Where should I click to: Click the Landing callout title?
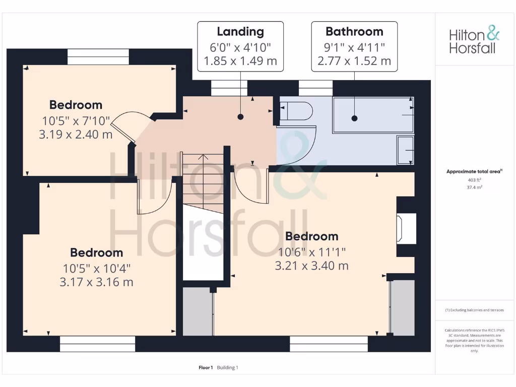click(x=240, y=32)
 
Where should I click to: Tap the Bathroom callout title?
click(x=354, y=32)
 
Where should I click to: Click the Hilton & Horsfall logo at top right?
click(x=474, y=41)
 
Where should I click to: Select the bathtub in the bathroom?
click(x=372, y=115)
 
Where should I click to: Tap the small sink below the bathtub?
click(x=405, y=150)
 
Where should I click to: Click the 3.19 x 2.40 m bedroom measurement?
click(x=76, y=135)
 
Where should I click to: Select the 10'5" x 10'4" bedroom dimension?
click(x=96, y=268)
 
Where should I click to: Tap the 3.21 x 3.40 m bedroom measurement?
click(x=311, y=266)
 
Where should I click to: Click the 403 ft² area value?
click(x=474, y=180)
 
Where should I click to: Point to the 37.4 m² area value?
click(x=474, y=187)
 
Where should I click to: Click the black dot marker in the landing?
click(x=240, y=117)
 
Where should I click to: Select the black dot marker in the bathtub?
click(x=354, y=118)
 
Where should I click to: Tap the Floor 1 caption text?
click(x=206, y=367)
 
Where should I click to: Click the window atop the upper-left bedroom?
click(x=98, y=57)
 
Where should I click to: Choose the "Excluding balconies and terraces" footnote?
click(x=474, y=310)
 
